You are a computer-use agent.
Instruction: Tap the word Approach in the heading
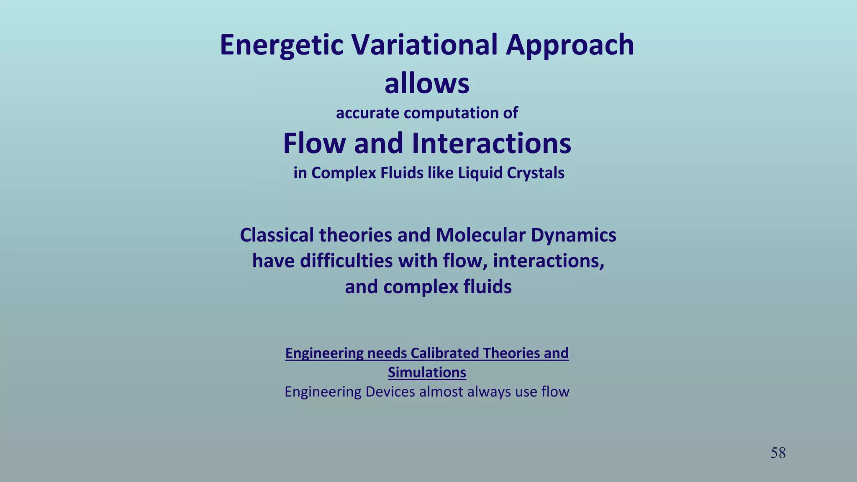[x=570, y=45]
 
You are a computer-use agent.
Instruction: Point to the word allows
[x=427, y=84]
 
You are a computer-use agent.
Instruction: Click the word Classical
[x=277, y=235]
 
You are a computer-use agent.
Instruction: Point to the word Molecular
[x=481, y=235]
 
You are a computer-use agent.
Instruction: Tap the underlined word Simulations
[x=427, y=372]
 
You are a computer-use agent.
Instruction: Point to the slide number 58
[x=778, y=453]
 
